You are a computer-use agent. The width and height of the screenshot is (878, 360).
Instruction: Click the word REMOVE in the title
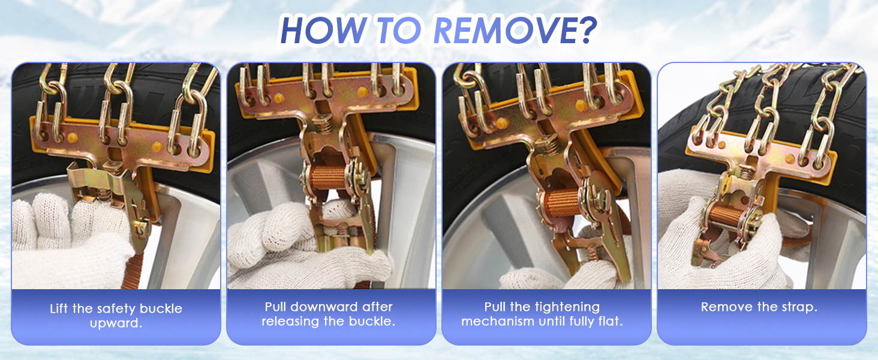502,30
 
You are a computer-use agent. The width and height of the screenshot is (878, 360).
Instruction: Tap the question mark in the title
584,30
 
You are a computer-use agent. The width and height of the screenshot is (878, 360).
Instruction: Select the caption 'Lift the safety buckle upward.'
116,316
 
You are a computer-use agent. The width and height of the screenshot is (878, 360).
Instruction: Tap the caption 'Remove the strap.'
759,307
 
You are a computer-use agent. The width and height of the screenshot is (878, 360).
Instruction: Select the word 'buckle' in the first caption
161,308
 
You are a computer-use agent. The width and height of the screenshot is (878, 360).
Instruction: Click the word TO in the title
399,30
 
